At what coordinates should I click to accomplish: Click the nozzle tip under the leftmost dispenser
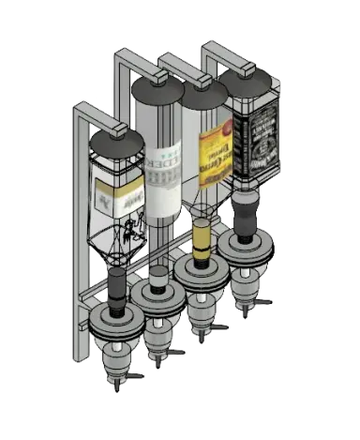tap(116, 381)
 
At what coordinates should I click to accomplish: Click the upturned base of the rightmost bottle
tap(247, 83)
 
